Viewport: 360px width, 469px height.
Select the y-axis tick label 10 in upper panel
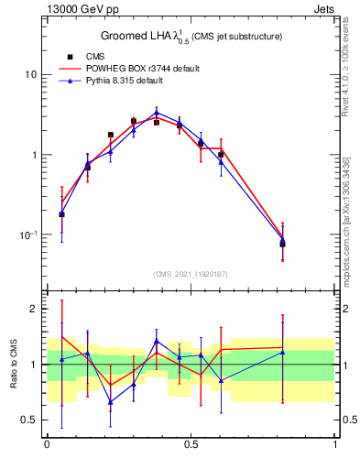coord(30,74)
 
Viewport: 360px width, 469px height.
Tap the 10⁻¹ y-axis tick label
coord(27,234)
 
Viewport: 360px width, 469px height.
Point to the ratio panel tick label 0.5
coord(28,420)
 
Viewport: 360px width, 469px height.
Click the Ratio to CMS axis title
coord(13,365)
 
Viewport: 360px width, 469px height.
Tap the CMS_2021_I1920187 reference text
coord(191,274)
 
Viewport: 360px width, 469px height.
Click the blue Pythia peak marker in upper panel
coord(157,113)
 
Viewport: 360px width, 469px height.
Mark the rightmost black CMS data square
coord(282,244)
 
